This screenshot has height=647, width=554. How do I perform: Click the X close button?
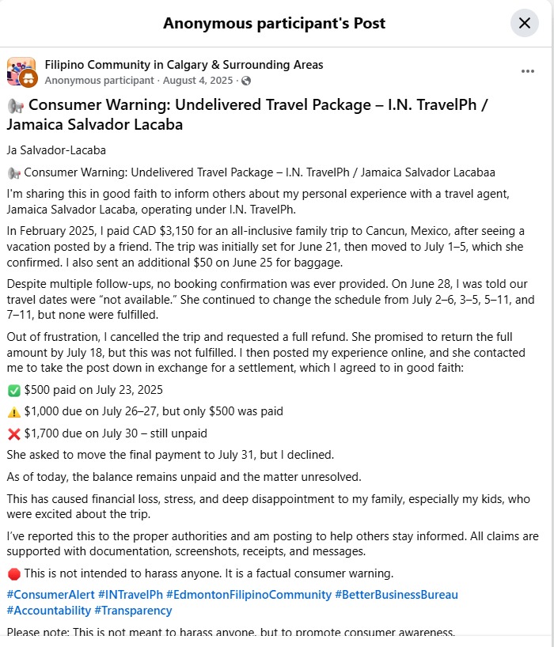pyautogui.click(x=524, y=23)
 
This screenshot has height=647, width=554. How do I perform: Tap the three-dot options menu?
pyautogui.click(x=528, y=71)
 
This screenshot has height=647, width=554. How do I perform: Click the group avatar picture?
pyautogui.click(x=21, y=71)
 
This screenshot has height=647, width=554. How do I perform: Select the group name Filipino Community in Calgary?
pyautogui.click(x=184, y=65)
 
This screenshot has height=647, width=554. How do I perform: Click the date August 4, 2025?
pyautogui.click(x=199, y=81)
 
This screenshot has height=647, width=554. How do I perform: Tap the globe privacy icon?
pyautogui.click(x=246, y=81)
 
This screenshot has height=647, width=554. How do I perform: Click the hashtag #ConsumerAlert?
pyautogui.click(x=51, y=594)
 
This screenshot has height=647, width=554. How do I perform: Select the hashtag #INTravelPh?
pyautogui.click(x=131, y=594)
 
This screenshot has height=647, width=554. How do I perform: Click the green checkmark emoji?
pyautogui.click(x=13, y=390)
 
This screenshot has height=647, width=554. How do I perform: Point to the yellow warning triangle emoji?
pyautogui.click(x=13, y=411)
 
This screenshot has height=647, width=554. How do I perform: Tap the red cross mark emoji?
pyautogui.click(x=13, y=433)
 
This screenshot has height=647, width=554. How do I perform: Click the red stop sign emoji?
pyautogui.click(x=13, y=573)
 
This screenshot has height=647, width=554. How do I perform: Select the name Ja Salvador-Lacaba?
pyautogui.click(x=55, y=150)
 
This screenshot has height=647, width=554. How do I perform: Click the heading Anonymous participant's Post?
pyautogui.click(x=274, y=23)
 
